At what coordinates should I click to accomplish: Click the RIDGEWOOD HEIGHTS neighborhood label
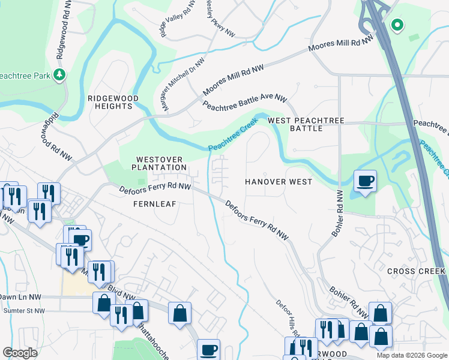pos(113,102)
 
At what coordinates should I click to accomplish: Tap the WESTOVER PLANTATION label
pos(159,162)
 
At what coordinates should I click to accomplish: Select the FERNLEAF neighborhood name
pos(154,204)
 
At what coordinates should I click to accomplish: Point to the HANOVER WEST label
pos(279,181)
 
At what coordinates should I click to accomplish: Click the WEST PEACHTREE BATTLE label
pos(306,124)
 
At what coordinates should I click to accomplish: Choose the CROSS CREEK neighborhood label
pos(417,271)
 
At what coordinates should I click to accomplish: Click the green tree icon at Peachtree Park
pos(59,74)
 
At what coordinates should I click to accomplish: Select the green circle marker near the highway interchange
pos(396,25)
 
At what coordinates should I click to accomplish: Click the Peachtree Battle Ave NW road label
pos(245,103)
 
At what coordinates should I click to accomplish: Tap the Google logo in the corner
pos(20,353)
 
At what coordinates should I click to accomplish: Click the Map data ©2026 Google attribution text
pos(411,355)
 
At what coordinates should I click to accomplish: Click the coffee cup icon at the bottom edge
pos(209,349)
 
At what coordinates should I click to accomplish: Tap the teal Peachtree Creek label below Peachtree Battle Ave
pos(233,134)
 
